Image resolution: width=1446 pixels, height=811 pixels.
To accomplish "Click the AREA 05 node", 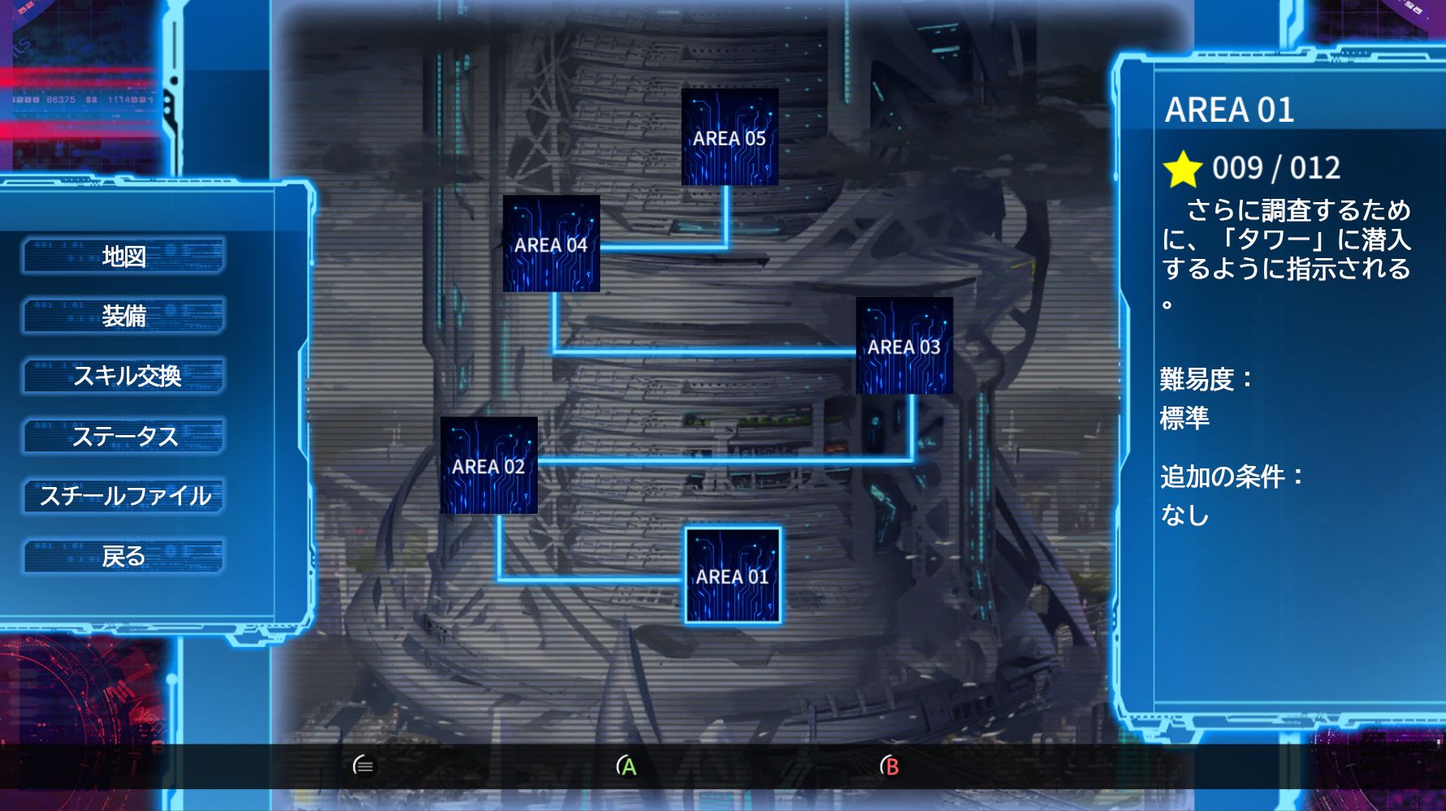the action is click(729, 137).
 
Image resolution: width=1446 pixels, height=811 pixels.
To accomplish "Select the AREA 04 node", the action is click(552, 244).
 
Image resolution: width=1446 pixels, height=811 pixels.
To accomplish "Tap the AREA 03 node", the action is click(904, 346).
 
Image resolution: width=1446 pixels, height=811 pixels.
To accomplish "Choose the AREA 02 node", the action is click(489, 465).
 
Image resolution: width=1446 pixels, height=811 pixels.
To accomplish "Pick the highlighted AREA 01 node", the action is click(733, 576).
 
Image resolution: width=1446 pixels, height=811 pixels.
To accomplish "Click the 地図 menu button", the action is click(123, 256).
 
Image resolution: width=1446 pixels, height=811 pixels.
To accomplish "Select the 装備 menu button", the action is click(123, 315).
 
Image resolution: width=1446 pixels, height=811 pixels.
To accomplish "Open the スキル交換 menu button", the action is click(123, 376).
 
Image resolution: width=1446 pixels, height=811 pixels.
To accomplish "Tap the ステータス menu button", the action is click(123, 436).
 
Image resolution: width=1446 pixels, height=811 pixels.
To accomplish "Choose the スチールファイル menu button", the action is click(123, 496).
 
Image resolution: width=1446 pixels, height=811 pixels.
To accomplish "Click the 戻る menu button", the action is click(123, 556).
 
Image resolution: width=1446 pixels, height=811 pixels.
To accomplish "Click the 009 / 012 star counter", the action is click(1276, 168).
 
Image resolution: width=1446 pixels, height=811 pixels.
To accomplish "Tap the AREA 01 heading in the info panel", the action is click(1229, 110).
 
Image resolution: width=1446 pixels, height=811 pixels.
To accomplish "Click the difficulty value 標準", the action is click(1184, 418).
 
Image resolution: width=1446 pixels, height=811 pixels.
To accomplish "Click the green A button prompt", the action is click(626, 766).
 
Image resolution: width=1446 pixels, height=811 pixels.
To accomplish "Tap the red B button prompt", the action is click(890, 766).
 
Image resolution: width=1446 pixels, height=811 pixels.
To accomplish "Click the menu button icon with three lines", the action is click(364, 766).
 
